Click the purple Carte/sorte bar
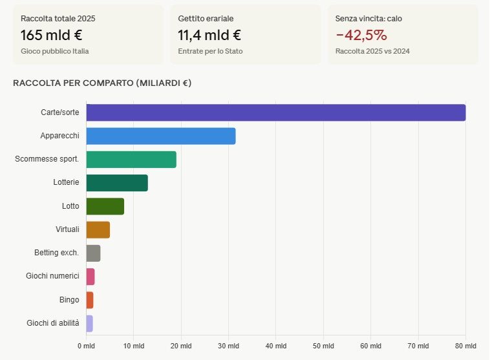[x=276, y=112]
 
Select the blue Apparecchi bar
[x=161, y=136]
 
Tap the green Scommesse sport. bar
[x=131, y=160]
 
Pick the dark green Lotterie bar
[x=117, y=183]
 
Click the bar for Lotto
[x=105, y=206]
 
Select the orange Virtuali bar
[x=98, y=229]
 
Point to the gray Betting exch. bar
[x=94, y=253]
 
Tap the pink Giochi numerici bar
[x=91, y=277]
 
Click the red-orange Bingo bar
[x=90, y=300]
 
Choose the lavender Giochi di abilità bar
[x=90, y=323]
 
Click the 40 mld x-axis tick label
[x=276, y=346]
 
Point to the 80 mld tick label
[x=465, y=346]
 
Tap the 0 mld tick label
[x=86, y=346]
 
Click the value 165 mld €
[x=52, y=35]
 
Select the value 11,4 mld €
[x=209, y=35]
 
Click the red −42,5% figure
[x=361, y=35]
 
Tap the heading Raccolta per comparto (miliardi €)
[x=102, y=83]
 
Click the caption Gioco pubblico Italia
[x=55, y=50]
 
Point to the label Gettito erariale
[x=206, y=19]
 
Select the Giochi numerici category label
[x=52, y=276]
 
